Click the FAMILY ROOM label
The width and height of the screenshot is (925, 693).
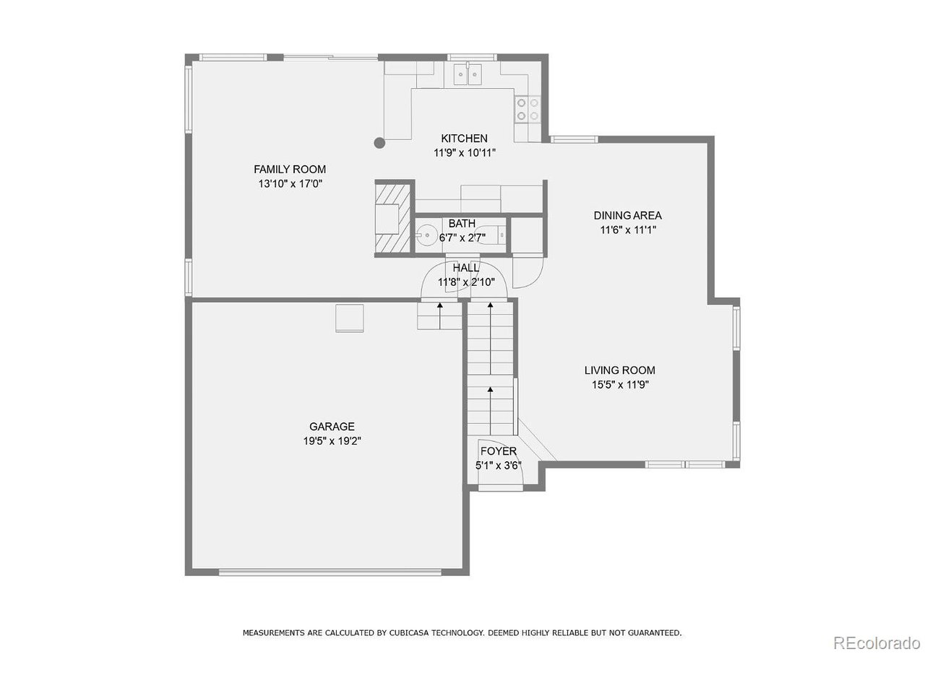tap(289, 170)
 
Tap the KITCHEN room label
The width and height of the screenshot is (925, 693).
tap(464, 139)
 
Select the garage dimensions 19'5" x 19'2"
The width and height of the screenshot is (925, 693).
tap(332, 441)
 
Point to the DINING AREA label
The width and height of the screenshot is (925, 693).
tap(627, 215)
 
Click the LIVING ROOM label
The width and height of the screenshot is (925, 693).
tap(619, 370)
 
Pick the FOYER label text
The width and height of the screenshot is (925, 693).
tap(499, 452)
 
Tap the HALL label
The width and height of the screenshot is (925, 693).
tap(465, 268)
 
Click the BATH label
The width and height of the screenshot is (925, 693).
tap(461, 224)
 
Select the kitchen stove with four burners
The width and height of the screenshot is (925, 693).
tap(528, 109)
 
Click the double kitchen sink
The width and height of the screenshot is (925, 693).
tap(468, 73)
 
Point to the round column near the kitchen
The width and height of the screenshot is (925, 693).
tap(380, 143)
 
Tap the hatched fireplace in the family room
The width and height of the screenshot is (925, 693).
tap(392, 216)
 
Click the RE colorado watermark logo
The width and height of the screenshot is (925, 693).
tap(876, 642)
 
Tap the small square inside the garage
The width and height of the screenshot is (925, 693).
tap(350, 318)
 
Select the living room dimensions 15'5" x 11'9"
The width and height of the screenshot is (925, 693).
tap(620, 385)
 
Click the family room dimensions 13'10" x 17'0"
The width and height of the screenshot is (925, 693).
tap(290, 184)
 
